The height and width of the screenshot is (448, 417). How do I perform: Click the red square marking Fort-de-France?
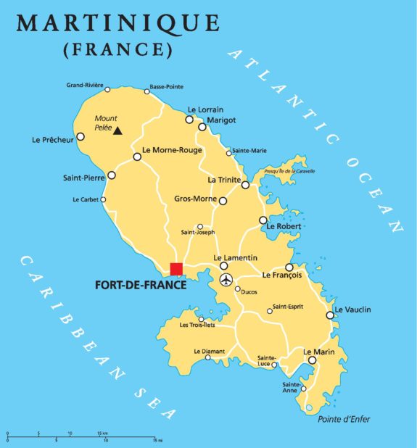pos(176,269)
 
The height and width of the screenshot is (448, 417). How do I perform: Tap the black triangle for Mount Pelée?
pos(117,131)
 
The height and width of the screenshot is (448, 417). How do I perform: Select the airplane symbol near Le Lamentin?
pos(226,280)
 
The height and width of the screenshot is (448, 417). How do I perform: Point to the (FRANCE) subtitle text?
pos(118,50)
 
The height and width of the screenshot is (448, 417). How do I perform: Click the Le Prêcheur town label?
pos(53,139)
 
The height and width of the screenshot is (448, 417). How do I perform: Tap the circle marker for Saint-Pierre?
pos(111,175)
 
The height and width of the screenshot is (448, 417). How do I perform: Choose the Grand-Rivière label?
pos(83,85)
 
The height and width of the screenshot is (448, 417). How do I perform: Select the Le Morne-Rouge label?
pos(172,151)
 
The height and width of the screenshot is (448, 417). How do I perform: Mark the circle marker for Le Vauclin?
pos(330,315)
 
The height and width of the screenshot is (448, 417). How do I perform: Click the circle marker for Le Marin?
pos(312,360)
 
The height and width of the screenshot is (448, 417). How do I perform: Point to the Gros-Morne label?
pos(196,198)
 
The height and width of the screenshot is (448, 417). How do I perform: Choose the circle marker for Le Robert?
pos(263,220)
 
